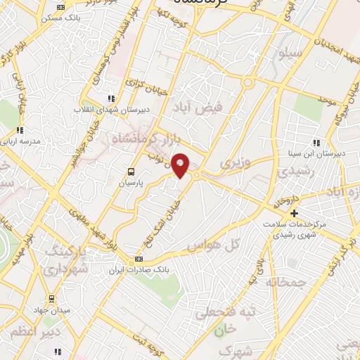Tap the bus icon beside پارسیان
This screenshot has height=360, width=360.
(131, 171)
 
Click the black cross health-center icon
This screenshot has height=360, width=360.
(295, 213)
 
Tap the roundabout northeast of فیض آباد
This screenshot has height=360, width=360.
(248, 83)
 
